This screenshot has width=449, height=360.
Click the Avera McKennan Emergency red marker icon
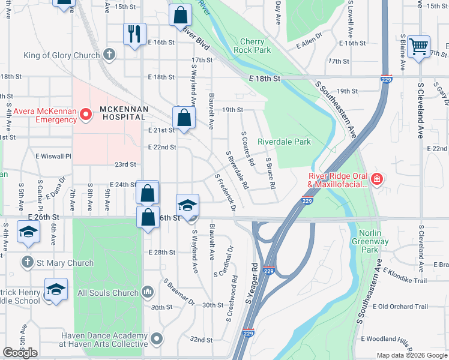[x=85, y=113]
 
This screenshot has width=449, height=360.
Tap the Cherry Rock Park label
[x=256, y=46]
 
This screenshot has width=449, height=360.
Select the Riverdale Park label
[x=285, y=142]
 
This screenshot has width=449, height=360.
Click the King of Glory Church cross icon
[x=109, y=55]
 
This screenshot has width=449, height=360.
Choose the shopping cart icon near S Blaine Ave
[x=418, y=46]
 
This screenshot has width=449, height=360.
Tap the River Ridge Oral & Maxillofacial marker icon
[x=376, y=178]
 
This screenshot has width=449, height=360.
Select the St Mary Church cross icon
[x=27, y=262]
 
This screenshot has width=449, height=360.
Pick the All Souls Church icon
[x=149, y=292]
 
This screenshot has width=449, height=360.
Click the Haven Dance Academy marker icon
[x=157, y=339]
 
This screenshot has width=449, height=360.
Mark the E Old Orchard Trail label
[x=400, y=307]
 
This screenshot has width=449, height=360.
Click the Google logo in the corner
[x=20, y=353]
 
